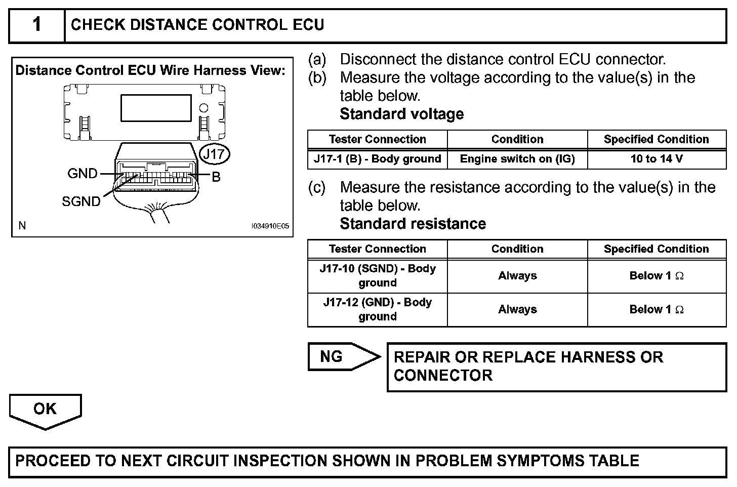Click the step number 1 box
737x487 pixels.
tap(37, 25)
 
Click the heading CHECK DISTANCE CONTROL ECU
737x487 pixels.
tap(197, 25)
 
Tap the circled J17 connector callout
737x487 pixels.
tap(215, 154)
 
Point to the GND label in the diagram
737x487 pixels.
tap(83, 174)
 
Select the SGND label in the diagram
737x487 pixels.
tap(81, 201)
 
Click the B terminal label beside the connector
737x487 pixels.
tap(216, 177)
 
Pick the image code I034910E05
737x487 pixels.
tap(270, 226)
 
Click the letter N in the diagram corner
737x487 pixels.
tap(22, 226)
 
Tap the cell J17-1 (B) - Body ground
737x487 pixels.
tap(377, 159)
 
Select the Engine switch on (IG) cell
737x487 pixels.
tap(517, 159)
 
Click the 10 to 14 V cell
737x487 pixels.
tap(657, 159)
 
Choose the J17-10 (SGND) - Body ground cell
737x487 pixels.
tap(377, 275)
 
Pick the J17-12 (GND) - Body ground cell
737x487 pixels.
tap(377, 309)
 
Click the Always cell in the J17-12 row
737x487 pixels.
tap(517, 309)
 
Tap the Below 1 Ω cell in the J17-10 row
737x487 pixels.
tap(657, 276)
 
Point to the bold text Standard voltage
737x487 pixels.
tap(401, 114)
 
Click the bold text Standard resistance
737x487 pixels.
tap(413, 224)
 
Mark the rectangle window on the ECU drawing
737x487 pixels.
tap(155, 108)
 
